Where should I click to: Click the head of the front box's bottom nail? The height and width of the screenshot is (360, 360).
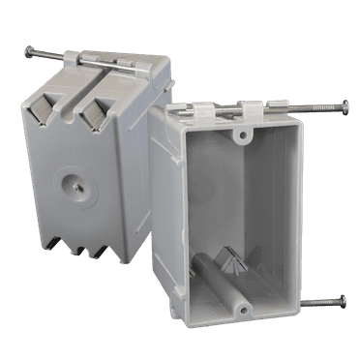click(x=345, y=302)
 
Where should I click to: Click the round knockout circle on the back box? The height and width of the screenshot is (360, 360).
click(x=74, y=181)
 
